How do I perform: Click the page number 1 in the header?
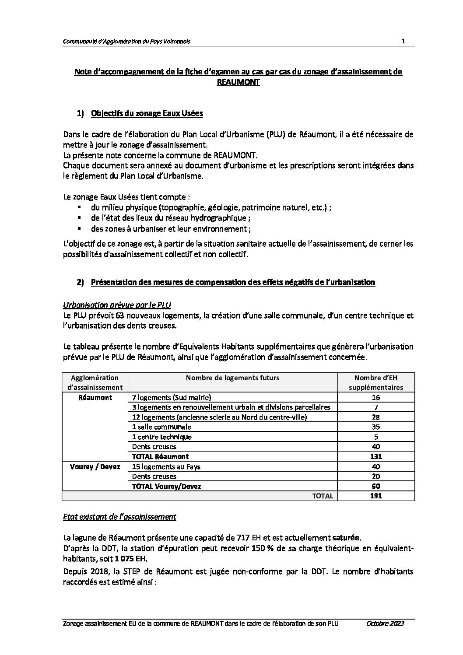[403, 41]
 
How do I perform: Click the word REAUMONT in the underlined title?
[238, 82]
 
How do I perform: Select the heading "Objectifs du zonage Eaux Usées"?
[147, 114]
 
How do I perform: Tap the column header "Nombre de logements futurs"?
[232, 378]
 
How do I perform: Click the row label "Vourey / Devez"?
[95, 466]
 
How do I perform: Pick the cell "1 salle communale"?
[161, 427]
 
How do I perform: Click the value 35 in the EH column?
[375, 427]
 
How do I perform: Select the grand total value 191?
[375, 496]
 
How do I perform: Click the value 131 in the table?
[375, 456]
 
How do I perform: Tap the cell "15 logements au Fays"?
[166, 466]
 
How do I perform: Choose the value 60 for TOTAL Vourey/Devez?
[375, 486]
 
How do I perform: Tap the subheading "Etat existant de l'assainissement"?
[119, 517]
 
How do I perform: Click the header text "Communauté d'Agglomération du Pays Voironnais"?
[126, 42]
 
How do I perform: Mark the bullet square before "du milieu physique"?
[79, 207]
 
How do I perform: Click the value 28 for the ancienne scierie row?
[375, 417]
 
